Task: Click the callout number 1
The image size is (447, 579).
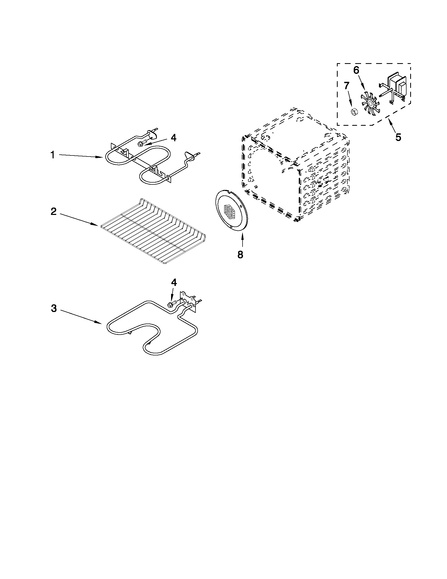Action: click(x=53, y=155)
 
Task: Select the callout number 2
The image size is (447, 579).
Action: click(x=54, y=212)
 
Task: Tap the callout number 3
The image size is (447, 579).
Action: click(x=54, y=308)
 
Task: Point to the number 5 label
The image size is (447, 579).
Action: click(x=398, y=137)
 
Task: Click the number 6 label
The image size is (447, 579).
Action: click(x=356, y=70)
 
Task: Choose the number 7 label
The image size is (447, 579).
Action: click(x=347, y=86)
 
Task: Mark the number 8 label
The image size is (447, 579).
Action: click(x=240, y=254)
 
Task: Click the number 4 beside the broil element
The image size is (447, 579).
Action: click(x=173, y=138)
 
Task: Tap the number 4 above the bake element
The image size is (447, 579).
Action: click(x=174, y=283)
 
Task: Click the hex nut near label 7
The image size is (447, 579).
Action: click(x=353, y=112)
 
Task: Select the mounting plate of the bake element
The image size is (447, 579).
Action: click(x=188, y=299)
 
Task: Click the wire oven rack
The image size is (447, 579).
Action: click(x=153, y=231)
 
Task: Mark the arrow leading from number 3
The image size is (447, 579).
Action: click(x=79, y=316)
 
